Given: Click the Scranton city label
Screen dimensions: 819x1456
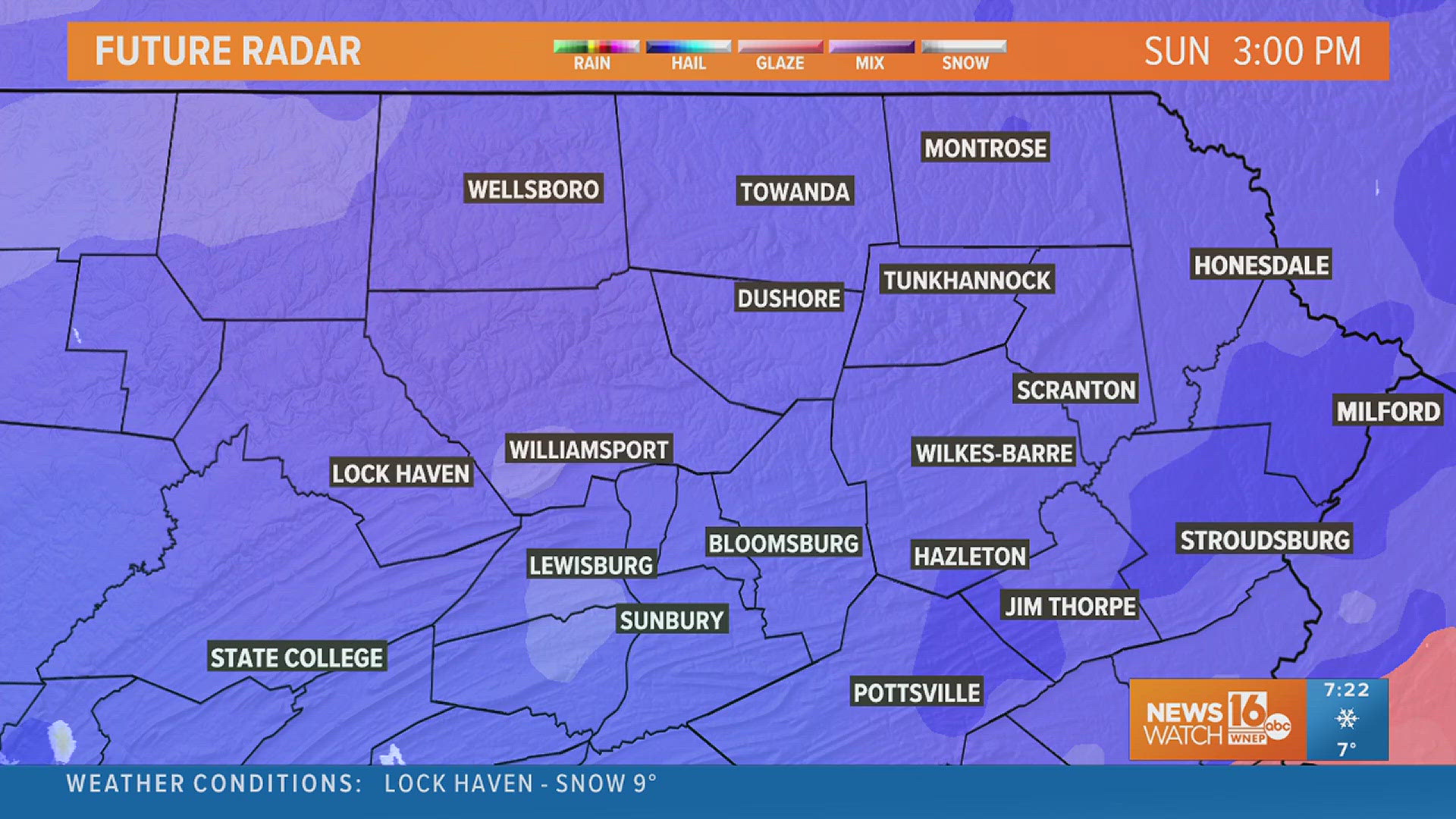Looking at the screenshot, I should tap(1076, 390).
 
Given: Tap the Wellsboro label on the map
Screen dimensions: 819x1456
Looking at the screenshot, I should tap(533, 189).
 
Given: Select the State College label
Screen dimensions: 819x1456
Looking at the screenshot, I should tap(297, 657).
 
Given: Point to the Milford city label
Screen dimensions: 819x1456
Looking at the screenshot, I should tap(1388, 412).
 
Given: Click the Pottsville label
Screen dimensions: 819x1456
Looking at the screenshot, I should tap(917, 692).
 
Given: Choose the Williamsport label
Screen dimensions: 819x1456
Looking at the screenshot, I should tap(588, 450).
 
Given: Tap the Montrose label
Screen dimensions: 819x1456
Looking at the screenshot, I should tap(985, 148).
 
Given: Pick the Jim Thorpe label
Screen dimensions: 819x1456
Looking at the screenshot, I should tap(1070, 606).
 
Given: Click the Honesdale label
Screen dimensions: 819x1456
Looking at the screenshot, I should tap(1261, 265).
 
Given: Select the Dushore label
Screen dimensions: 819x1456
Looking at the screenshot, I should tap(789, 298).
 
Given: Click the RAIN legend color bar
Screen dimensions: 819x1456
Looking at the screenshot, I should tap(596, 47).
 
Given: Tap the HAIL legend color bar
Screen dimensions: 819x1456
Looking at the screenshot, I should tap(689, 47).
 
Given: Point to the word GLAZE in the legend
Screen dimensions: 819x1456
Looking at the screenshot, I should tap(780, 64).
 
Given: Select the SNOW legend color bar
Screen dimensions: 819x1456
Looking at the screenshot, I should tap(964, 47).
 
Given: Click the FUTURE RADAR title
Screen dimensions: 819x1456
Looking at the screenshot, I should tap(228, 52).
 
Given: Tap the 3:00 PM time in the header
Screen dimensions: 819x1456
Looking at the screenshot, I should tap(1297, 52).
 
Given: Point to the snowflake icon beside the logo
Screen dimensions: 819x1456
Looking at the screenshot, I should tap(1347, 718).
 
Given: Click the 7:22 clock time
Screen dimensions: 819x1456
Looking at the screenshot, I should tap(1347, 690).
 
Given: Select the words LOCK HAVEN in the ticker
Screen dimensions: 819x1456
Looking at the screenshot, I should tap(459, 783).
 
